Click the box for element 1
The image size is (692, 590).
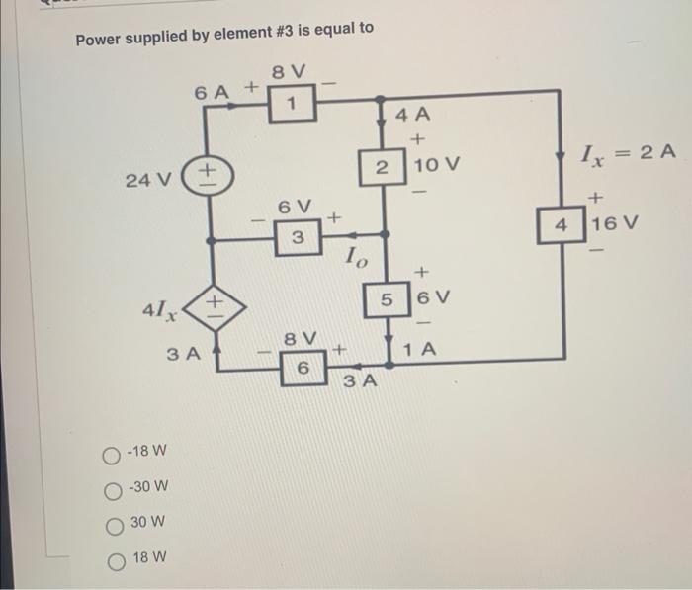pyautogui.click(x=292, y=104)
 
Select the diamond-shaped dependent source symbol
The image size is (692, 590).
pyautogui.click(x=212, y=302)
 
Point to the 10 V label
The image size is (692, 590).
pyautogui.click(x=439, y=163)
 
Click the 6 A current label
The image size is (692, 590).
pyautogui.click(x=214, y=92)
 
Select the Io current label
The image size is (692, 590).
pyautogui.click(x=357, y=260)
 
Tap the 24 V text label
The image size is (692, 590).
pyautogui.click(x=149, y=180)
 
